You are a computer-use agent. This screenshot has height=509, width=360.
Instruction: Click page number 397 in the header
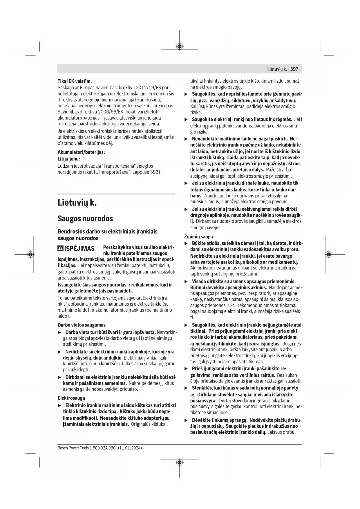294,69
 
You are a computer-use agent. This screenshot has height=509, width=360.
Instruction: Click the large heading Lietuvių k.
77,202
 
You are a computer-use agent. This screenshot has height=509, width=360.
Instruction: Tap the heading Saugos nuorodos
85,218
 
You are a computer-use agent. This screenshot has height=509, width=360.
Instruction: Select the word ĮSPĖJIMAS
79,249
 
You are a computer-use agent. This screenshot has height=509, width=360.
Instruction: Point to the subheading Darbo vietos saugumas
82,325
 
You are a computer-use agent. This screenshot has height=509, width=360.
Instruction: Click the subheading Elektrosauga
71,398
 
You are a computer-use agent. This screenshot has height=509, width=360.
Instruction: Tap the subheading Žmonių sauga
198,237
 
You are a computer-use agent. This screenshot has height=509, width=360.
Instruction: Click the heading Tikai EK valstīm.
75,81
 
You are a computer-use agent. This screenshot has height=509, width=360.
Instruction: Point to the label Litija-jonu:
69,159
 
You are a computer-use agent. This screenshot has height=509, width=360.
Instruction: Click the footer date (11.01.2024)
130,448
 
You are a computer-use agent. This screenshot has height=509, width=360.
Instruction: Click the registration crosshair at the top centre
180,46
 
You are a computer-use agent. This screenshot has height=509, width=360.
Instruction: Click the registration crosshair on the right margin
328,255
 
